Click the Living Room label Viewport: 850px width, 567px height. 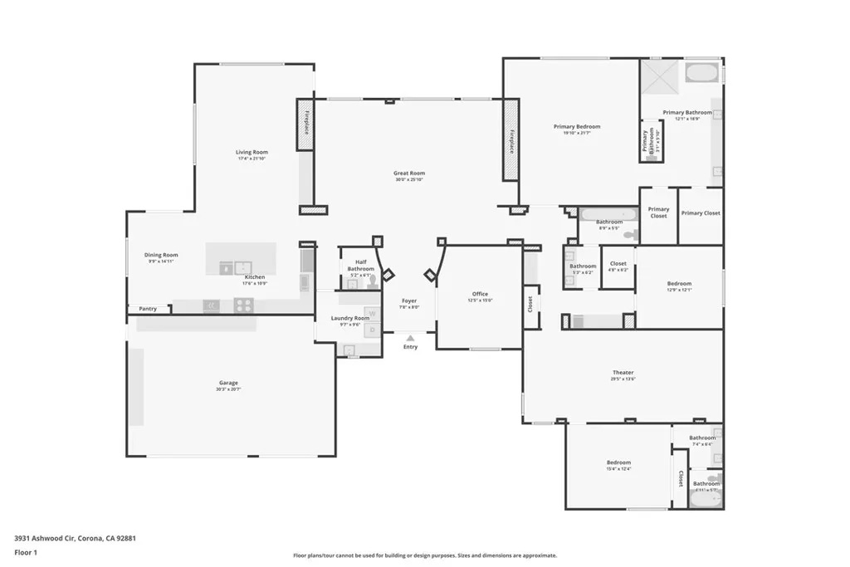pyautogui.click(x=252, y=153)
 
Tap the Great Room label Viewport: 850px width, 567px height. pyautogui.click(x=408, y=174)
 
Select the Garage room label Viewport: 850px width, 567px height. pyautogui.click(x=228, y=384)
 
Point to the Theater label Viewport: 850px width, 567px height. pyautogui.click(x=623, y=374)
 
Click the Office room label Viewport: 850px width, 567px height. pyautogui.click(x=480, y=294)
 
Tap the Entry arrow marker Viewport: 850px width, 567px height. pyautogui.click(x=410, y=337)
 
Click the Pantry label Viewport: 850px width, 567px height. pyautogui.click(x=148, y=309)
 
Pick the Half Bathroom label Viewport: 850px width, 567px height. pyautogui.click(x=360, y=265)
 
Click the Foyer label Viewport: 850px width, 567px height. pyautogui.click(x=409, y=301)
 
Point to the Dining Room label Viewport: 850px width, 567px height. pyautogui.click(x=162, y=256)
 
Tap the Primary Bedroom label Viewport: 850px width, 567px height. pyautogui.click(x=576, y=127)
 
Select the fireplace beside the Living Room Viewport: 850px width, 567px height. pyautogui.click(x=306, y=124)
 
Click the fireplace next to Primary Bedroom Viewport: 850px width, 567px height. pyautogui.click(x=510, y=140)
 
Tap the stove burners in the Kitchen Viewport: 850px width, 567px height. pyautogui.click(x=242, y=305)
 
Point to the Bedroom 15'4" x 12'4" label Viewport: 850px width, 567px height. pyautogui.click(x=618, y=463)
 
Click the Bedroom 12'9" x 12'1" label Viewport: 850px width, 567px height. pyautogui.click(x=678, y=285)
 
